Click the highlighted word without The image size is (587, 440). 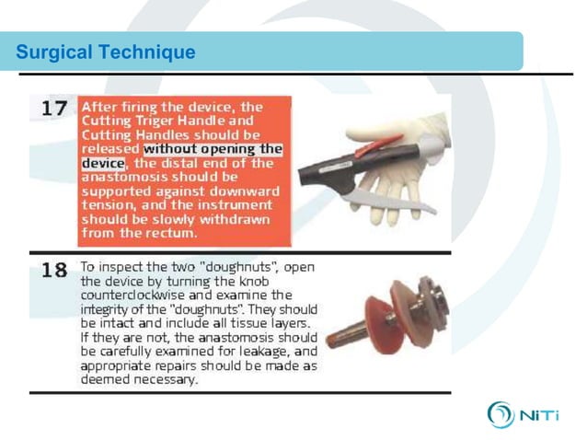click(x=176, y=148)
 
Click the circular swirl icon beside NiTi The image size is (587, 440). click(x=501, y=414)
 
